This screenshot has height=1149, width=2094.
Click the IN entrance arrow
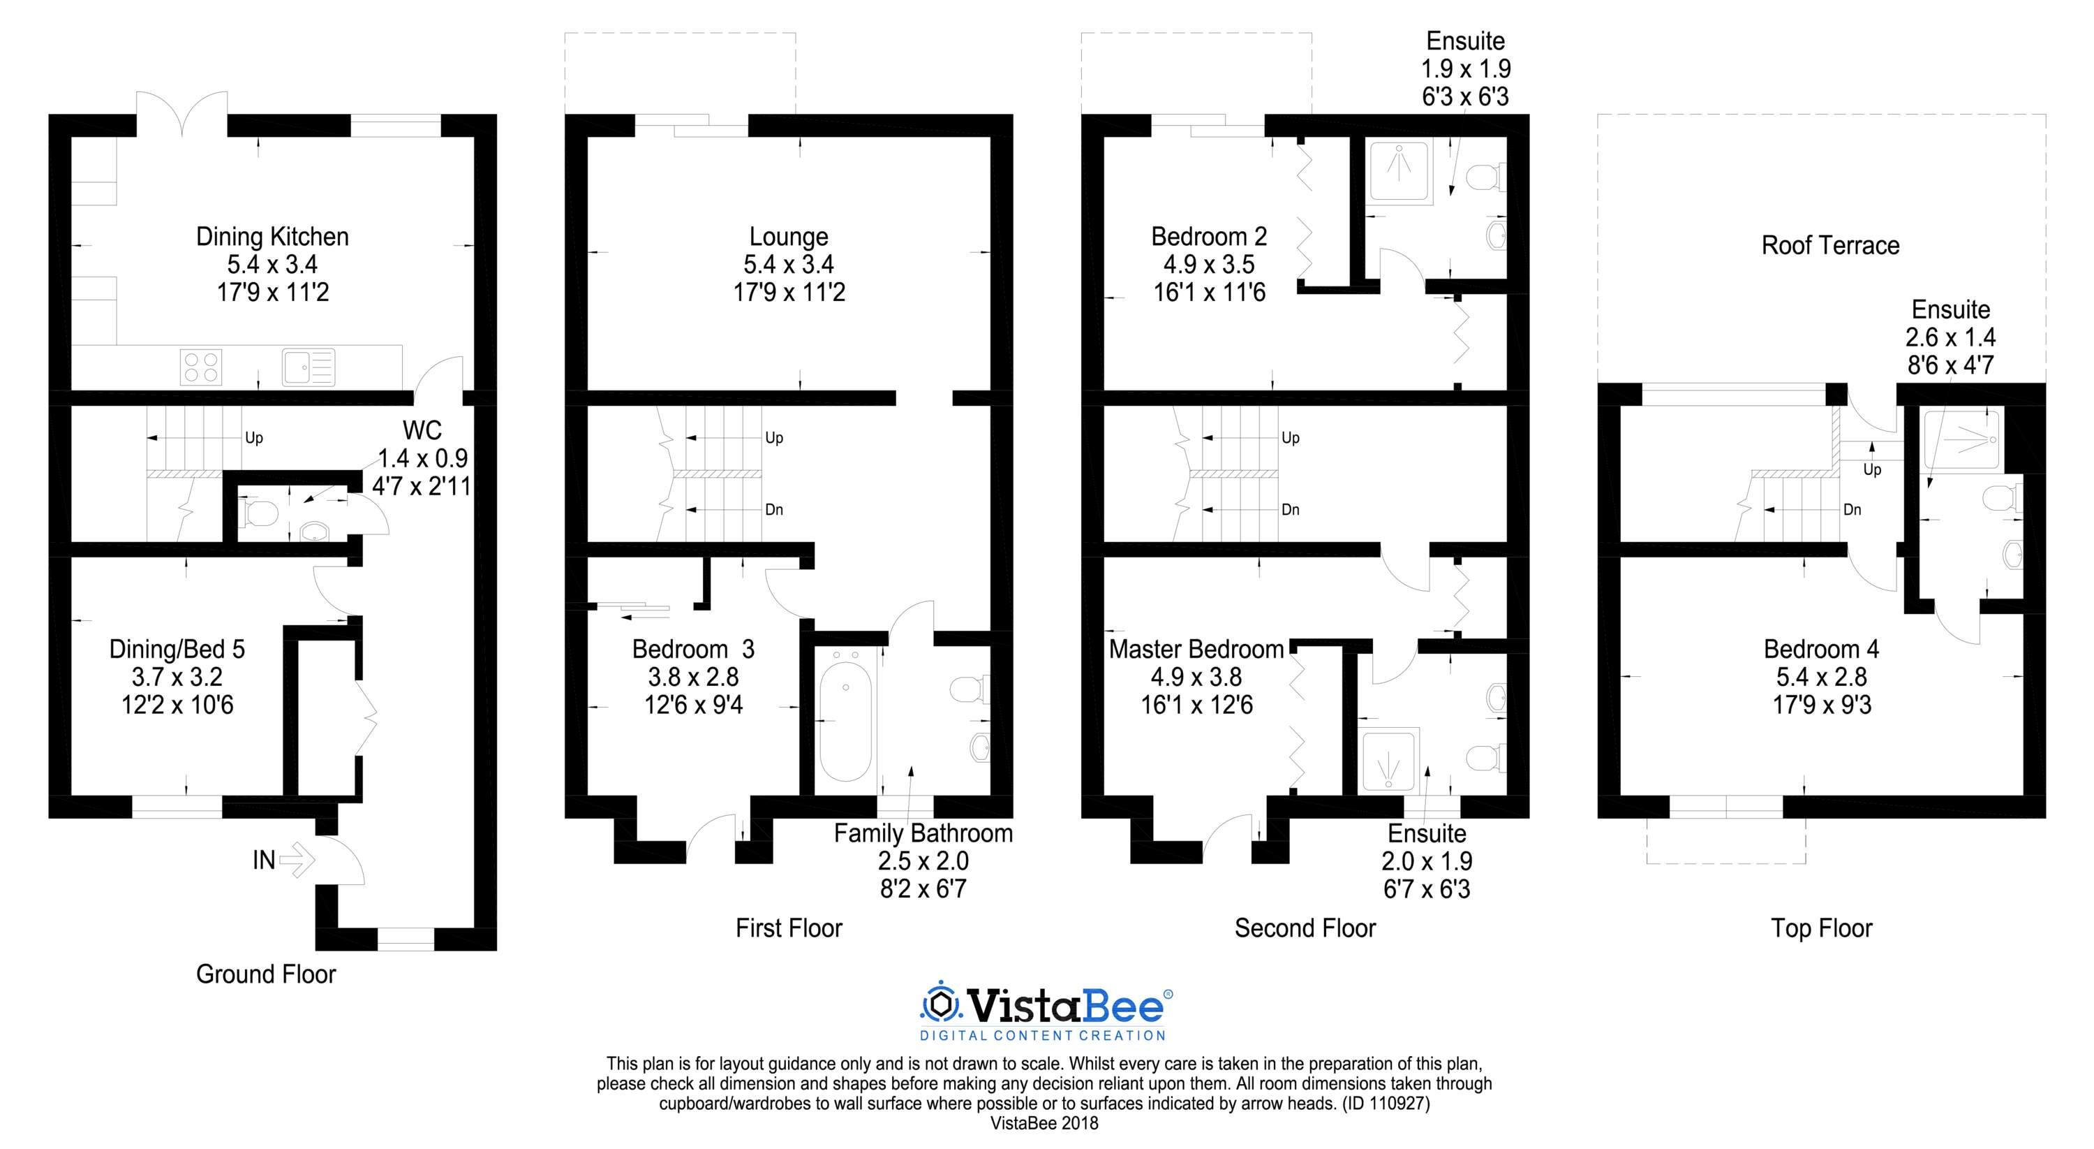tap(297, 860)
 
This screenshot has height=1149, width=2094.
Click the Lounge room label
tap(789, 237)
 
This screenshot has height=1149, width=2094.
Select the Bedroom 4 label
tap(1821, 649)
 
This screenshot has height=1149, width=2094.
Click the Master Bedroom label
tap(1196, 649)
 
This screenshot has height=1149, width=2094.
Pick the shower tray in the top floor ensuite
tap(1961, 440)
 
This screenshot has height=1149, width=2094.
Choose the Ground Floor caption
tap(266, 974)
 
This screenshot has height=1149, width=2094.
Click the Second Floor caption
tap(1305, 928)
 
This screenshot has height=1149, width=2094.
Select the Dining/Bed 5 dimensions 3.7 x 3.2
tap(177, 677)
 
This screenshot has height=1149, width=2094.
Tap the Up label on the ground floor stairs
tap(253, 438)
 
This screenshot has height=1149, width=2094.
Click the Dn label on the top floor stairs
tap(1852, 510)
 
